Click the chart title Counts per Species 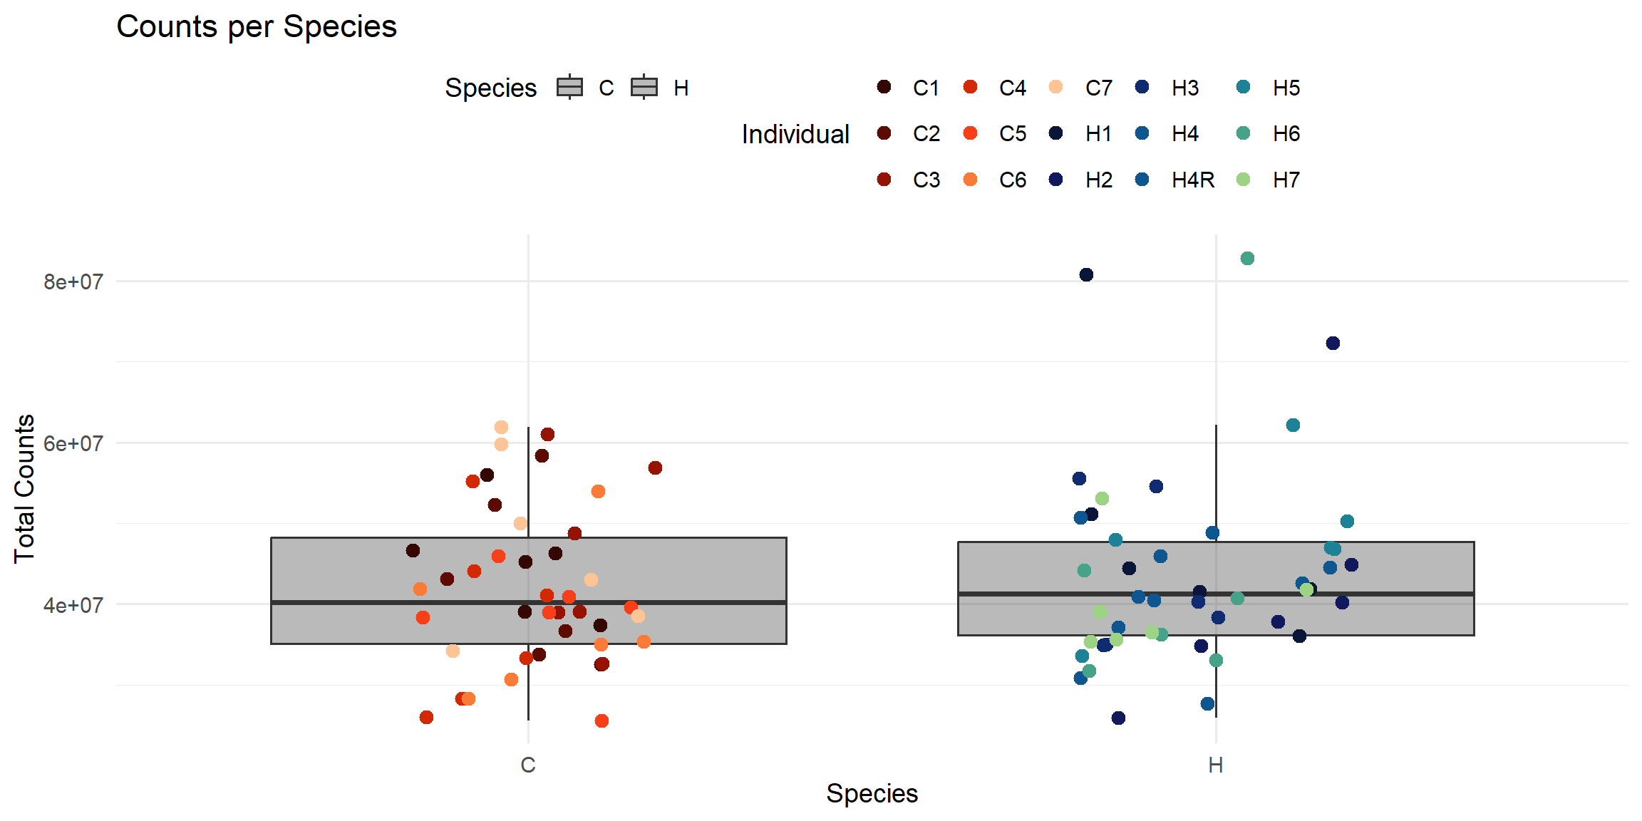(257, 27)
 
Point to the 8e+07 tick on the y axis (73, 282)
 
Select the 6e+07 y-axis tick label (73, 443)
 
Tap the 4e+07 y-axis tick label (73, 605)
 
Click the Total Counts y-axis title (24, 489)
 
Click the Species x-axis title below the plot (872, 793)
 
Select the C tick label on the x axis (528, 765)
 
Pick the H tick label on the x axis (1216, 765)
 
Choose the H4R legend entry (1176, 180)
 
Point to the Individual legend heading (795, 134)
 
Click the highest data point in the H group (1247, 259)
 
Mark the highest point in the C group (501, 428)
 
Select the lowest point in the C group (601, 721)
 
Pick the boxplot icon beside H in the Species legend (644, 87)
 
